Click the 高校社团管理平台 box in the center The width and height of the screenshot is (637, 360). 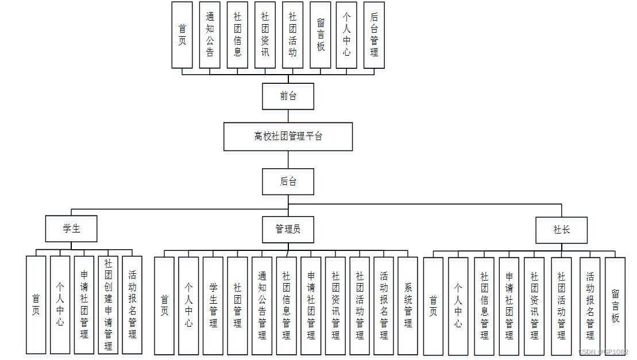[288, 137]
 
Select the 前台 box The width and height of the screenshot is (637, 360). [288, 96]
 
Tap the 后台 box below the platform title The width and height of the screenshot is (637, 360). [288, 181]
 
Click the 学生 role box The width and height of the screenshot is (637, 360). [71, 229]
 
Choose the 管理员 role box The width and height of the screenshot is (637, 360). [288, 229]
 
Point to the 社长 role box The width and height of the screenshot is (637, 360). [561, 230]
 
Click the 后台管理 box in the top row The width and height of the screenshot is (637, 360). [374, 35]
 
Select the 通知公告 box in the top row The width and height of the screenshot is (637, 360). [210, 35]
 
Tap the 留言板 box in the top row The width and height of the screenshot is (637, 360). [321, 35]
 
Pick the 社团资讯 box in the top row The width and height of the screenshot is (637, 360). [265, 35]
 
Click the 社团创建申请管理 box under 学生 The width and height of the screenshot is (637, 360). [108, 304]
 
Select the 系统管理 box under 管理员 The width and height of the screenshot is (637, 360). [408, 305]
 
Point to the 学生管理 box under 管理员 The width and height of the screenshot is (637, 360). [213, 305]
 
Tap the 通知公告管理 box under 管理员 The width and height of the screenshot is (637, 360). [262, 305]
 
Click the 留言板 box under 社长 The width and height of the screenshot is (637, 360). [615, 304]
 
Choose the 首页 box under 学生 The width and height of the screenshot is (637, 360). [36, 304]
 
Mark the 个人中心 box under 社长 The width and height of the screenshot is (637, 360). [458, 305]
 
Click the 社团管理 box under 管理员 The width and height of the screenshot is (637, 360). [237, 305]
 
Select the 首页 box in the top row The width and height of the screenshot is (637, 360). [182, 35]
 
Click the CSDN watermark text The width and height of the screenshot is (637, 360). [603, 352]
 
